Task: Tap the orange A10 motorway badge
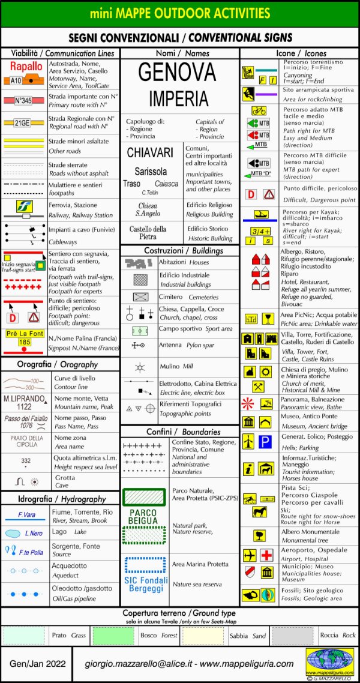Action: [16, 80]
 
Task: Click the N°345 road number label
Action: [23, 100]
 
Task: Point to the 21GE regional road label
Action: [22, 123]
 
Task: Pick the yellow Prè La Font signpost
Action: [24, 338]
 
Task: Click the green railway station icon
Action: [24, 209]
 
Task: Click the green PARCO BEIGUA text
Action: [143, 517]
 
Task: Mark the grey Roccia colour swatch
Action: [292, 635]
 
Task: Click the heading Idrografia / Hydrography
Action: [59, 499]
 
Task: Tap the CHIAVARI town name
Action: [150, 152]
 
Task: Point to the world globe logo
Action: [329, 659]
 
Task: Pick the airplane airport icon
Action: [250, 555]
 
